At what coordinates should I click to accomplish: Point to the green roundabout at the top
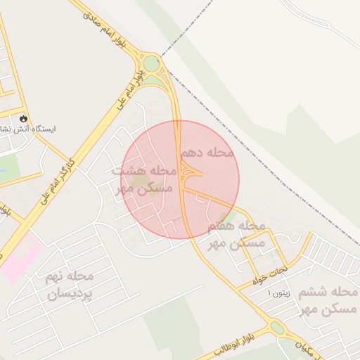152,63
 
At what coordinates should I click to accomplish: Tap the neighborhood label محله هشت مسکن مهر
143,179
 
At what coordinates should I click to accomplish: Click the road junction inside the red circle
187,172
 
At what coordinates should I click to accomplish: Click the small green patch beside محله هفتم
226,218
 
